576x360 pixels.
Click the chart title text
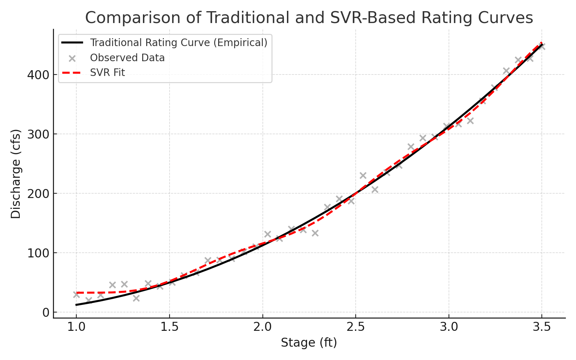click(x=309, y=18)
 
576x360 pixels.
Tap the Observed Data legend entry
click(x=127, y=58)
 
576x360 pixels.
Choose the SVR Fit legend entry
click(x=107, y=73)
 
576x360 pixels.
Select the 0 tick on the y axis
click(x=45, y=312)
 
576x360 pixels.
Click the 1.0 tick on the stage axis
click(x=76, y=328)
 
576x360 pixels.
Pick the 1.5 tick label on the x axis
click(x=170, y=328)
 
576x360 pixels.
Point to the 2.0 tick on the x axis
click(x=263, y=328)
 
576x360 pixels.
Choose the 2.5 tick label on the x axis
click(x=356, y=328)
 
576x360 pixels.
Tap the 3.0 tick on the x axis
click(x=449, y=328)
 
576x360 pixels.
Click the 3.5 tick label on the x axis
click(x=542, y=328)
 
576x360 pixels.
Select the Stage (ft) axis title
click(x=309, y=343)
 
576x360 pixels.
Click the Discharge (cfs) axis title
click(x=16, y=174)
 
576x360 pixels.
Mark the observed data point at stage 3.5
click(x=542, y=47)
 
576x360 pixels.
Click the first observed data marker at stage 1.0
click(x=76, y=294)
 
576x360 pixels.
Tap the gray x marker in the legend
click(x=72, y=58)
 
